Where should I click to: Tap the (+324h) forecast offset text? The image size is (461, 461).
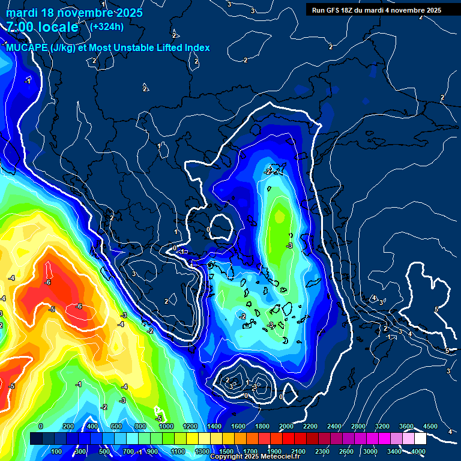pyautogui.click(x=107, y=26)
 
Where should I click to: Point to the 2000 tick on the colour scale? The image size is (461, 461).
pyautogui.click(x=286, y=426)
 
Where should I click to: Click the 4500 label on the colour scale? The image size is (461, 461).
pyautogui.click(x=430, y=426)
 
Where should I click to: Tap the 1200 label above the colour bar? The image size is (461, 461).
pyautogui.click(x=190, y=426)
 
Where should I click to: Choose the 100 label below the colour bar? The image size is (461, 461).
pyautogui.click(x=56, y=451)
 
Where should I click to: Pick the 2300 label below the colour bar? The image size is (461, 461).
pyautogui.click(x=322, y=451)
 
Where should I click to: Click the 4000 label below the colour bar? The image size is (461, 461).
pyautogui.click(x=418, y=451)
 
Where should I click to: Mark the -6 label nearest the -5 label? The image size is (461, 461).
pyautogui.click(x=78, y=307)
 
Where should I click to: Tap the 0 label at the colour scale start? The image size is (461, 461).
pyautogui.click(x=41, y=426)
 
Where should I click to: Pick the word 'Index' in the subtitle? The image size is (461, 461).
pyautogui.click(x=196, y=48)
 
